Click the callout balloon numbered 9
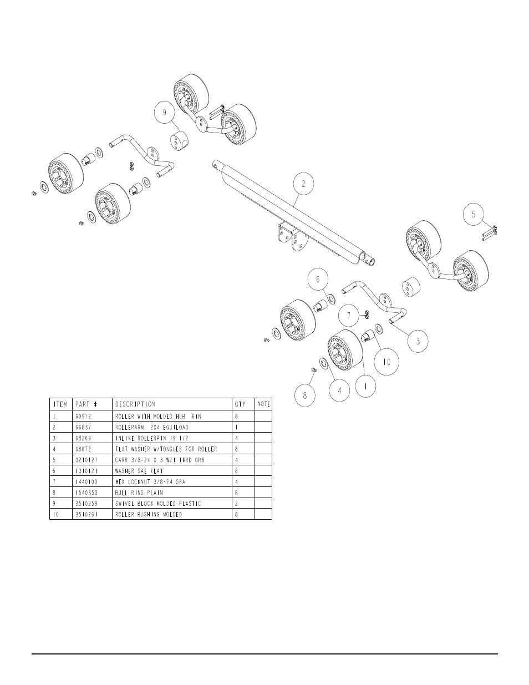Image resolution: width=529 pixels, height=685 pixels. coord(164,112)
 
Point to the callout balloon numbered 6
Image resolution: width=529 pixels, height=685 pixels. coord(318,280)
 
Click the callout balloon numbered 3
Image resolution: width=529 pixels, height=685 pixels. coord(418,341)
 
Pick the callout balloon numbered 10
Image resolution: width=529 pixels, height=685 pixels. coord(386,362)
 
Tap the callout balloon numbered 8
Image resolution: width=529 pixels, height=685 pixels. coord(304,396)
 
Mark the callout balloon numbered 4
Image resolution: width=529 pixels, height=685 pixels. coord(339,390)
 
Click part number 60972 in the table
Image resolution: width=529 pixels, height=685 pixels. coord(83,415)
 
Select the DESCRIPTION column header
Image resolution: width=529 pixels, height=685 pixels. coord(135,404)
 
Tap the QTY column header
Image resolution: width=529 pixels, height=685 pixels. coord(240,404)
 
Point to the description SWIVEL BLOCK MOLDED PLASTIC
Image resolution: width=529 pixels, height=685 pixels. coord(158,504)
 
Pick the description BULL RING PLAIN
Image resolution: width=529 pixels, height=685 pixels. coord(139,493)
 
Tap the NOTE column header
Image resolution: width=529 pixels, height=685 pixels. coord(264,404)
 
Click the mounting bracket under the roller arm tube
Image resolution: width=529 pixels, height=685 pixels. coord(288,237)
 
